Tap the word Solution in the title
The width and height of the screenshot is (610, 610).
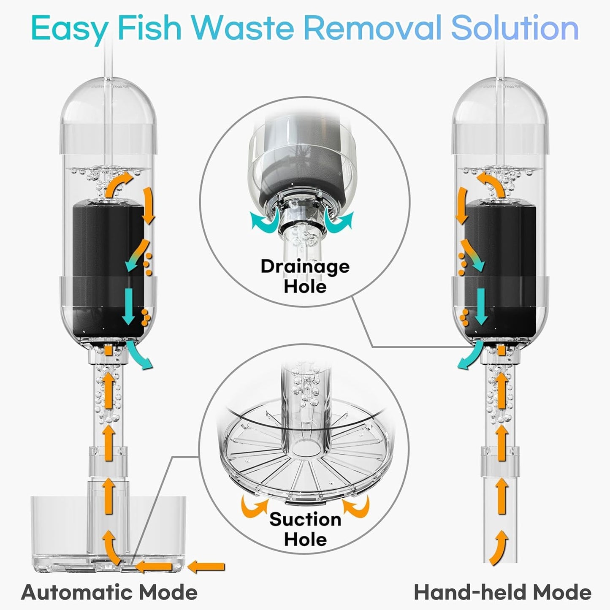point(515,28)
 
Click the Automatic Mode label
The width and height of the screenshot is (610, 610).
point(109,592)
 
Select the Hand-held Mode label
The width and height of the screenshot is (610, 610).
point(502,592)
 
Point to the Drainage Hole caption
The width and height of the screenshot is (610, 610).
point(305,276)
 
